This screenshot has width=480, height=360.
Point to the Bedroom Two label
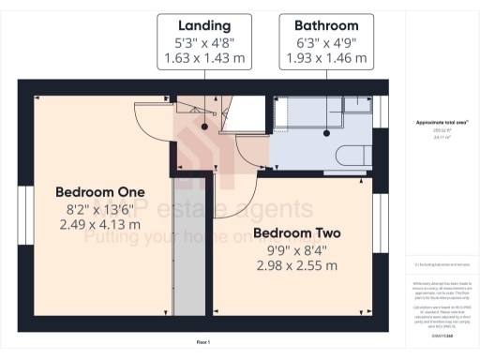(296, 232)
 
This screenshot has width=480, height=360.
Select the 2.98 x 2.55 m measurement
(296, 266)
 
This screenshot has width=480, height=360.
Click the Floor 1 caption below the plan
(202, 342)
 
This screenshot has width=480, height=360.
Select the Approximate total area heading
(437, 123)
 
